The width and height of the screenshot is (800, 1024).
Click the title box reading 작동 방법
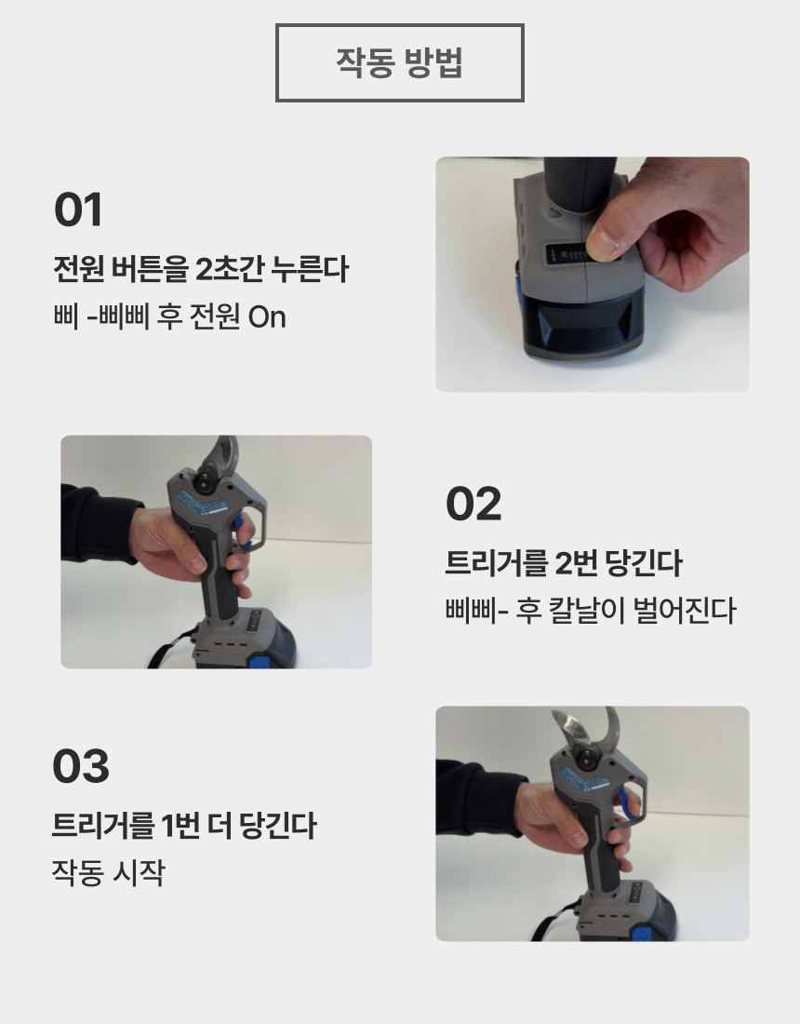coord(400,62)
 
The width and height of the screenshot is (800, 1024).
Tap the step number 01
coord(78,209)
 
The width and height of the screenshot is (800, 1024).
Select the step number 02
coord(473,505)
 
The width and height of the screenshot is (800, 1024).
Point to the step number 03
coord(81,767)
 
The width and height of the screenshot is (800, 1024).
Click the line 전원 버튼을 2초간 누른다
coord(201,270)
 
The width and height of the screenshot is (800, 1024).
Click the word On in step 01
coord(267,317)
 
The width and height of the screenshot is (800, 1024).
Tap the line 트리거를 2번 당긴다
coord(564,563)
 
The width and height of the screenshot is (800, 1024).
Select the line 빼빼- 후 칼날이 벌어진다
coord(591,612)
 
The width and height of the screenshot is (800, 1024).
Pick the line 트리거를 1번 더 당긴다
coord(184,826)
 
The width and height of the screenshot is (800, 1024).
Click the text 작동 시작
coord(108,873)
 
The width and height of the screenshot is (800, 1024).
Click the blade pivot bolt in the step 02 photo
coord(203,479)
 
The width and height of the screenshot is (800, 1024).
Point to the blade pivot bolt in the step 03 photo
coord(588,760)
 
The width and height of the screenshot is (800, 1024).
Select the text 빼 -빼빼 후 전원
coord(147,317)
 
